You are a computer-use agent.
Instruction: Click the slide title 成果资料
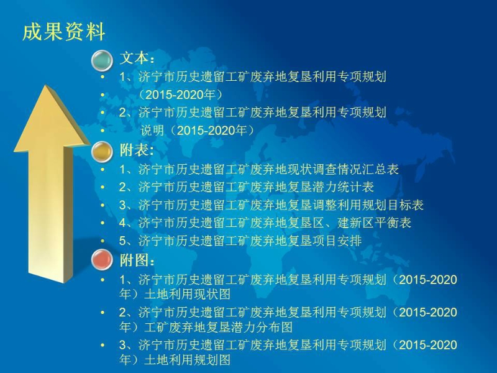pos(64,32)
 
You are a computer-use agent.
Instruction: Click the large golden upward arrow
pos(51,184)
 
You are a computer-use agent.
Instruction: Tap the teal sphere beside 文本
pos(102,60)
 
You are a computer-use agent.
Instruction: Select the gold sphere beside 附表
pos(102,152)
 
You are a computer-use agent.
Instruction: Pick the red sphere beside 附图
pos(102,259)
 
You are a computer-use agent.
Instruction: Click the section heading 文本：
pos(137,58)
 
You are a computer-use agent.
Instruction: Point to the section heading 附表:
pos(137,150)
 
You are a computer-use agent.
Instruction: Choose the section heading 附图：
pos(137,260)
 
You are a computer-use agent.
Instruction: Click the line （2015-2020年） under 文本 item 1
pos(181,94)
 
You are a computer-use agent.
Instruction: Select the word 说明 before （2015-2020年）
pos(152,131)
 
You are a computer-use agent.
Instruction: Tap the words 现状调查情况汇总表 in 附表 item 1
pos(343,169)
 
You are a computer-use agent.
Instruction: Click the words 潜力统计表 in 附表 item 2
pos(343,187)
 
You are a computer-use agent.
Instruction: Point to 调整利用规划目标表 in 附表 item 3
pos(368,205)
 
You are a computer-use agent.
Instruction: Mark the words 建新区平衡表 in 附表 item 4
pos(375,223)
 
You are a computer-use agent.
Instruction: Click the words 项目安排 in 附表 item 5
pos(337,241)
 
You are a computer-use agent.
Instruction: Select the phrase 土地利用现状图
pos(188,294)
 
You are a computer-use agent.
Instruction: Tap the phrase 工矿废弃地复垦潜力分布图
pos(219,327)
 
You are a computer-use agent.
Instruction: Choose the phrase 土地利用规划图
pos(188,360)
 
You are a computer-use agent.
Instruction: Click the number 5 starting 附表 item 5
pos(122,241)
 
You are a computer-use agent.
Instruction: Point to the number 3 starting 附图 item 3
pos(122,345)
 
